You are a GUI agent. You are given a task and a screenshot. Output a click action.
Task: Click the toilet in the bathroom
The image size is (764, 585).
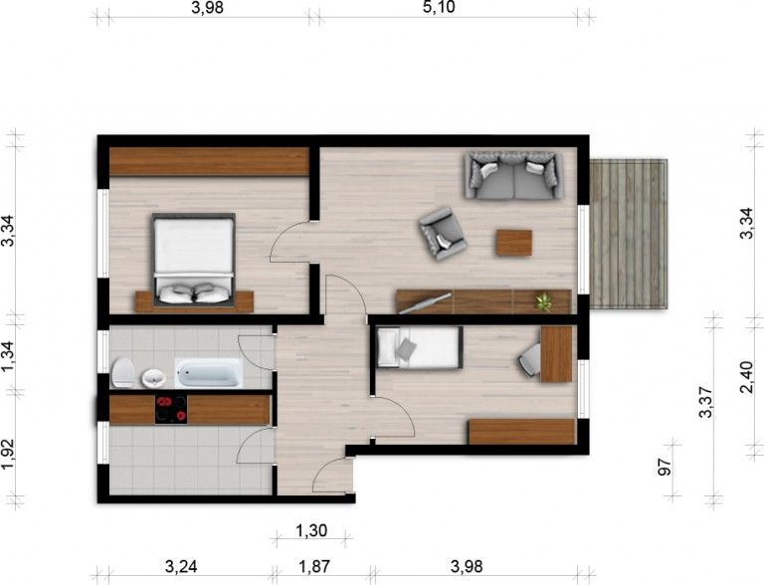(123, 373)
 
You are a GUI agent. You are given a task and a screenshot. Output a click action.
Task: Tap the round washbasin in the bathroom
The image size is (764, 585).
(154, 378)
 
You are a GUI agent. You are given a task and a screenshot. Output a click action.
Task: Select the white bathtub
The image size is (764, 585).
(209, 373)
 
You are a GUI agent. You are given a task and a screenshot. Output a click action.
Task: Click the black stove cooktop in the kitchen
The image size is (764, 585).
(171, 409)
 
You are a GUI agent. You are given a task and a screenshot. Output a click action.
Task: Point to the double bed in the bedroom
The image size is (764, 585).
(194, 260)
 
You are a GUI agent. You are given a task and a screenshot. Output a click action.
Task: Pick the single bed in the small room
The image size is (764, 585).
(420, 347)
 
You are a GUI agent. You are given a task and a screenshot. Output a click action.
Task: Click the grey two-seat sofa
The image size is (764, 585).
(514, 175)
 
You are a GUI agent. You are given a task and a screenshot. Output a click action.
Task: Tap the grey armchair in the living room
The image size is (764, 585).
(443, 233)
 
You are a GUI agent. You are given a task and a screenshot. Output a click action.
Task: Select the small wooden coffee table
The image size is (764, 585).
(514, 243)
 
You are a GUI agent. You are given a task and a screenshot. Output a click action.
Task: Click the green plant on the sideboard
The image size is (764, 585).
(543, 301)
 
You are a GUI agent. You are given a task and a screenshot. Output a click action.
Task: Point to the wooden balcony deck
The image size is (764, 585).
(628, 234)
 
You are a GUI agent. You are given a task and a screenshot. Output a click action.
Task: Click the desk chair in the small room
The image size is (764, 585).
(529, 360)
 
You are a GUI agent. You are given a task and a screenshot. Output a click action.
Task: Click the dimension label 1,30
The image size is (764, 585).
(311, 530)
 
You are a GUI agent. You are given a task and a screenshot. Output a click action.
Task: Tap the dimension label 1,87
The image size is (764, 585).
(314, 566)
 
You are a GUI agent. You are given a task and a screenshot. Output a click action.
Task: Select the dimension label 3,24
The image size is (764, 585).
(181, 566)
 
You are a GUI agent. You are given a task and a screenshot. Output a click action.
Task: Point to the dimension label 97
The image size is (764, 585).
(665, 467)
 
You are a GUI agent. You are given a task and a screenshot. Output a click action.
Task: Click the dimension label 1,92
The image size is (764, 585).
(8, 454)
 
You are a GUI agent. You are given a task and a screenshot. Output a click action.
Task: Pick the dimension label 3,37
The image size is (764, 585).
(705, 402)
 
